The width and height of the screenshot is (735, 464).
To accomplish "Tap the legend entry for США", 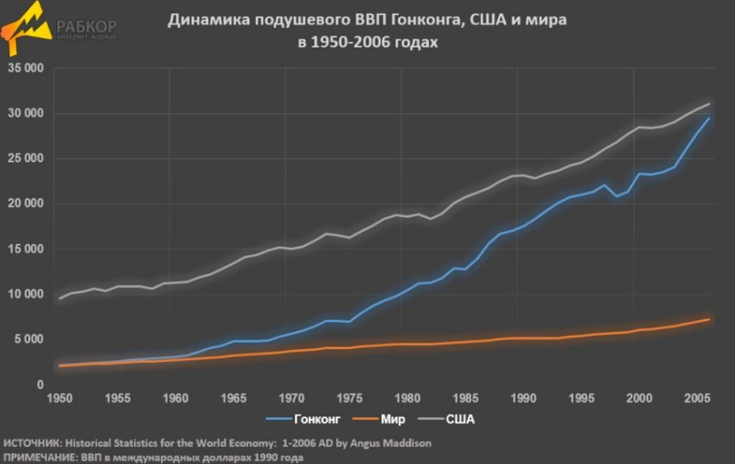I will [459, 419].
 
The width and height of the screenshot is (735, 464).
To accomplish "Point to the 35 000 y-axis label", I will [25, 68].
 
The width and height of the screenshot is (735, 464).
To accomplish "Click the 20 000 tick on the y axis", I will [25, 204].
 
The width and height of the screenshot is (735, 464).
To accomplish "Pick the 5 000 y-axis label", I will [29, 340].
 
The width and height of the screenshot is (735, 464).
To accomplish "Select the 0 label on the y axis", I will [40, 385].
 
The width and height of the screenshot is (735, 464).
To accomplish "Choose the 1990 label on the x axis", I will [522, 399].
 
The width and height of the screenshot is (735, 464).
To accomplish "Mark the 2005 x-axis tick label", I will [697, 399].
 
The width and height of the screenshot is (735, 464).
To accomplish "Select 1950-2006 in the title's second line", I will [348, 41].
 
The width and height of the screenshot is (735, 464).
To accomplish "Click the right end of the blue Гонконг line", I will [709, 118].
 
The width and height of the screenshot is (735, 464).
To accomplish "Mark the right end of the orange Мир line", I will [709, 320].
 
